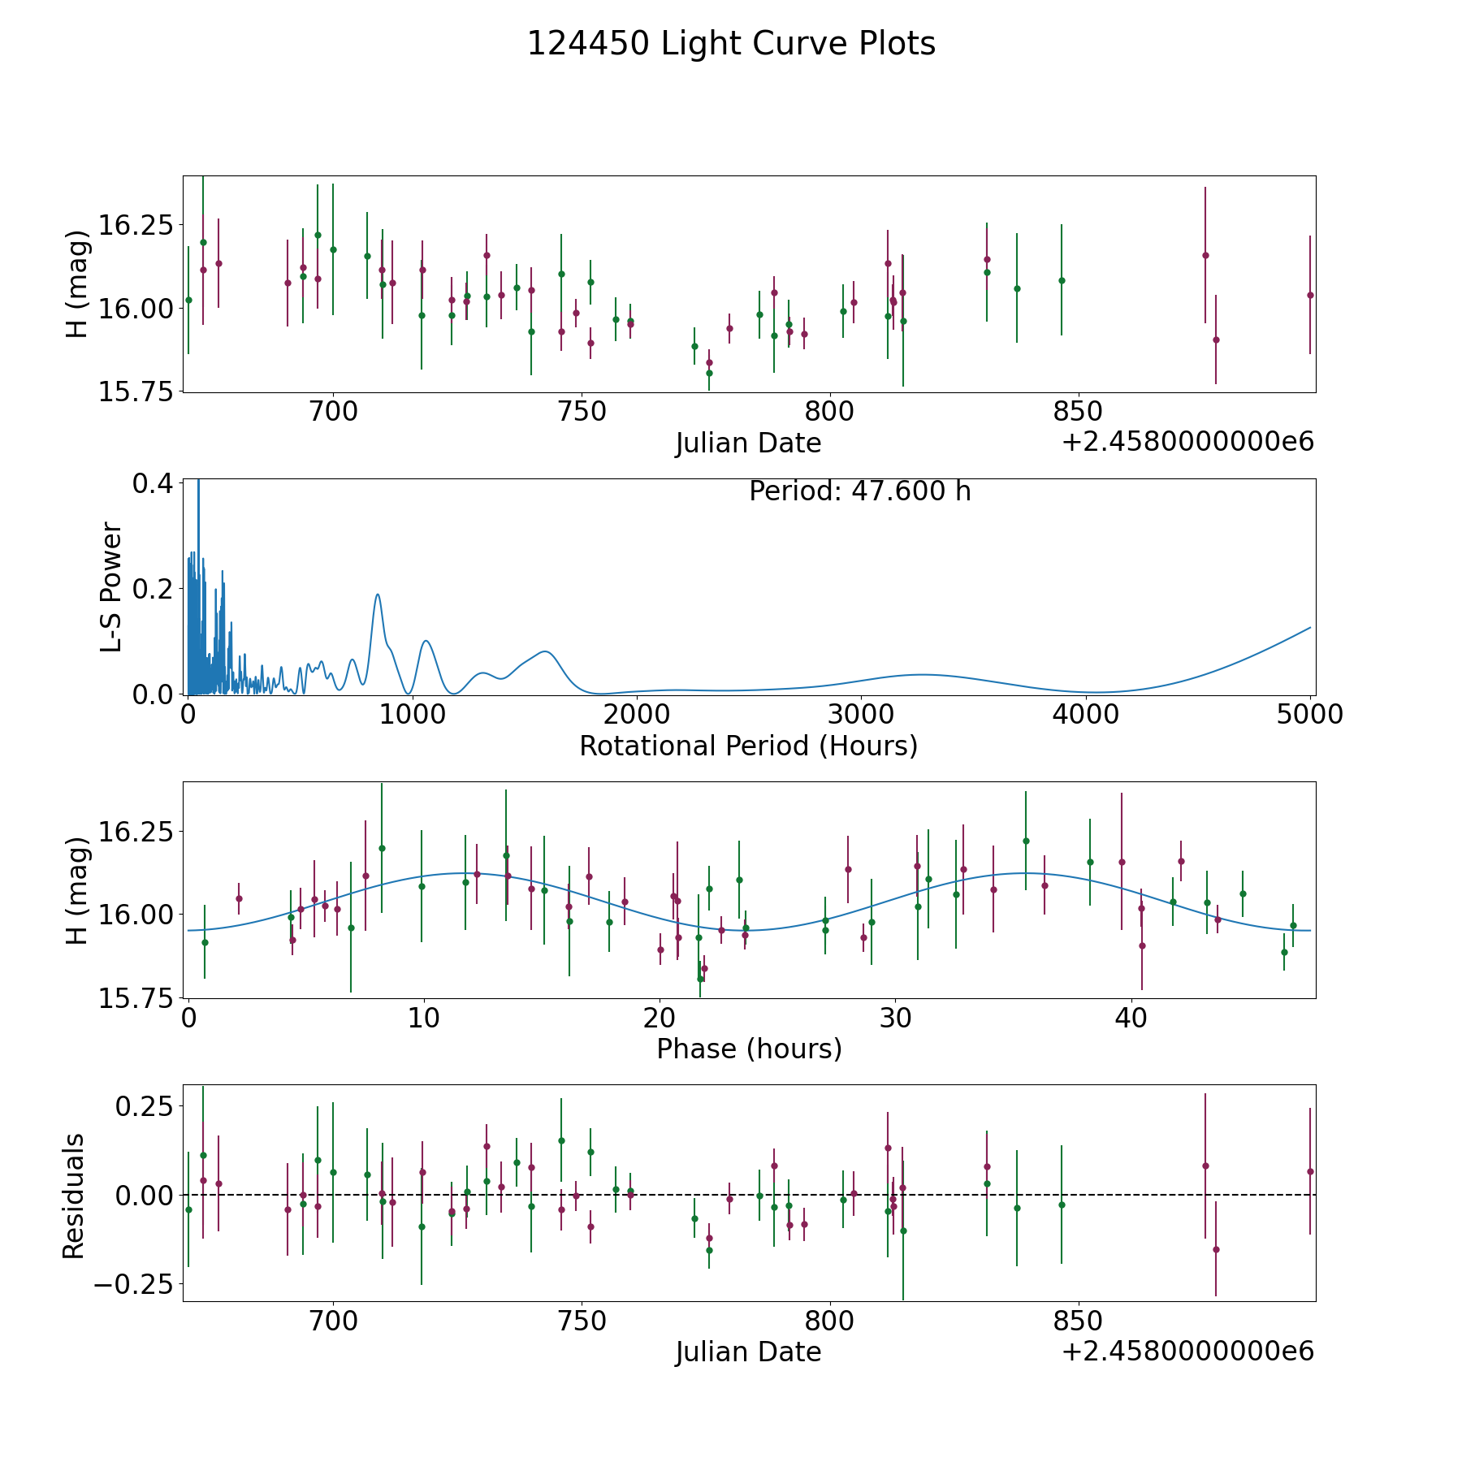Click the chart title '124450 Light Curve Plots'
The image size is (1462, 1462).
[x=731, y=44]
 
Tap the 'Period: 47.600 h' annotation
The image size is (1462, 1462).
[x=860, y=491]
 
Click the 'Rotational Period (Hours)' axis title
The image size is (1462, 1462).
[x=748, y=746]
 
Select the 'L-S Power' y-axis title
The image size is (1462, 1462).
[x=111, y=586]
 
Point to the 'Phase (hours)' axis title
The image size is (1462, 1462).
[x=749, y=1049]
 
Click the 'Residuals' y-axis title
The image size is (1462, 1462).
[x=73, y=1196]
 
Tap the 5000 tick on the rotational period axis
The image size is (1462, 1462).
[x=1310, y=714]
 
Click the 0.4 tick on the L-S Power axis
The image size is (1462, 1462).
[x=152, y=483]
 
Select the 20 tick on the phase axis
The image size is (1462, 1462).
[x=660, y=1018]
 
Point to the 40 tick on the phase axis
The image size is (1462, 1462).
[x=1131, y=1018]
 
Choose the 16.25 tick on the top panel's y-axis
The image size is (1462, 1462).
[x=134, y=225]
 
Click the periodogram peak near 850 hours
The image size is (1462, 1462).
[x=378, y=595]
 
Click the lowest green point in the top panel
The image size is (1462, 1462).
[x=709, y=373]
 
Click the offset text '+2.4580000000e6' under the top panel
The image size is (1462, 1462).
[x=1187, y=442]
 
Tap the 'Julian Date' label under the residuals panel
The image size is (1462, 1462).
[x=748, y=1352]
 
